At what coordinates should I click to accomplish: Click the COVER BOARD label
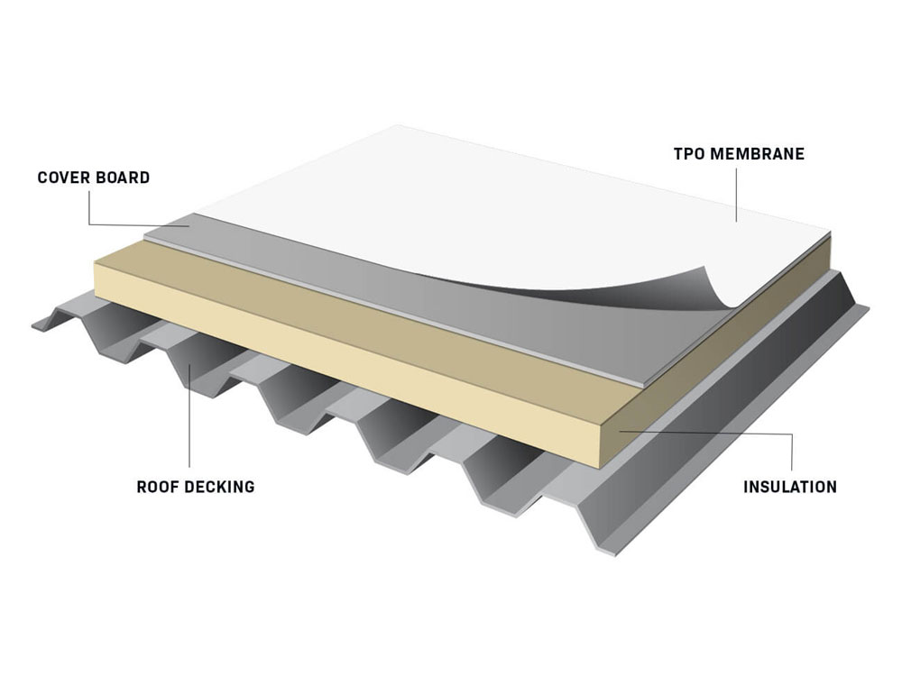pos(94,178)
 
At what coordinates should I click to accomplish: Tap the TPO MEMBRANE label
pos(739,154)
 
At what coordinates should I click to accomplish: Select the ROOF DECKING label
pos(196,487)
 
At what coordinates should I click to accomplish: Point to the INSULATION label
pos(790,487)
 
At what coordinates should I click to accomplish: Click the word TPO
pos(688,154)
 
